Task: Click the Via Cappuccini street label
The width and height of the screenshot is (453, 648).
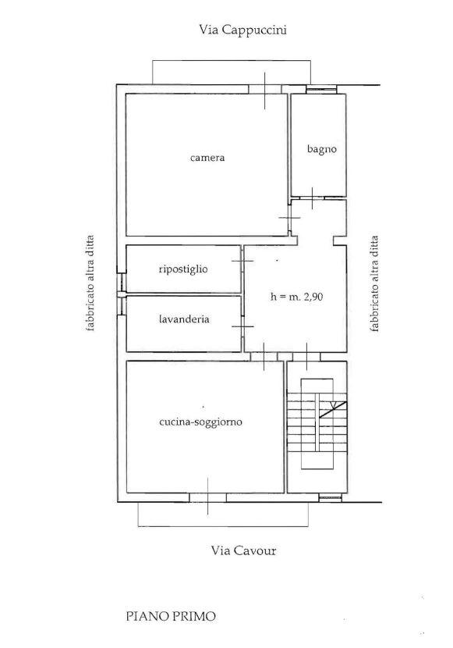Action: click(242, 30)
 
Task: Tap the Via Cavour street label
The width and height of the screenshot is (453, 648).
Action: click(243, 550)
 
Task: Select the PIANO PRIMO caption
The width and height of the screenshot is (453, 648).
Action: click(171, 617)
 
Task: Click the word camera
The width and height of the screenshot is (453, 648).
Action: click(207, 158)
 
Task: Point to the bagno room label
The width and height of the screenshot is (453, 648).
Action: click(322, 149)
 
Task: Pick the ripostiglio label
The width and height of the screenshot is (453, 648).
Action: click(183, 269)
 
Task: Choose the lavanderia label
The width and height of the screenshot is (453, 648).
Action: click(184, 319)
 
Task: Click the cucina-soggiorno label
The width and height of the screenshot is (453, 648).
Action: click(200, 422)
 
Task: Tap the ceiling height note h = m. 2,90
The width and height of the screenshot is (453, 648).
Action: click(296, 297)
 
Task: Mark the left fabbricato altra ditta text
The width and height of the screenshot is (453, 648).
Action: click(90, 283)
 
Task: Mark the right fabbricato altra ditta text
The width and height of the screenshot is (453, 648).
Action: click(374, 284)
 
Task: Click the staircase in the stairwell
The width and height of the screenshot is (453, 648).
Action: click(317, 424)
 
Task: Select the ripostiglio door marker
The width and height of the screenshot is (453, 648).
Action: click(243, 262)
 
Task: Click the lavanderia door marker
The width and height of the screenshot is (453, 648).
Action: click(243, 326)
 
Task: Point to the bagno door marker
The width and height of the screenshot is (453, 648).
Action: click(313, 198)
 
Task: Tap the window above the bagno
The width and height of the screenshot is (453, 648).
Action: click(321, 89)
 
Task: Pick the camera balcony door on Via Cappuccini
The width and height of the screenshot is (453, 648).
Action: click(265, 90)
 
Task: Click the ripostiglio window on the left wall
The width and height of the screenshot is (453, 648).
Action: click(121, 283)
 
